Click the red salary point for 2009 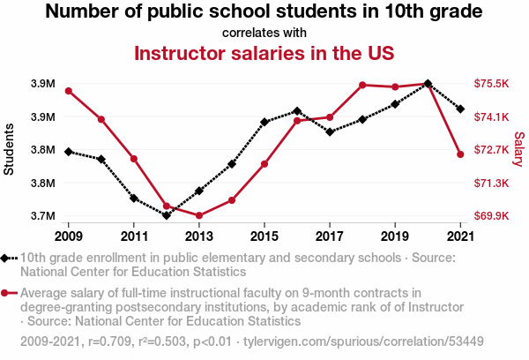click(x=69, y=91)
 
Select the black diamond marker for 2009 click(x=69, y=152)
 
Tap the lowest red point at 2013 click(x=199, y=215)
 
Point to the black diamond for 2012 click(x=167, y=215)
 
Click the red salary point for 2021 click(x=460, y=154)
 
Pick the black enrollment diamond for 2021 click(x=460, y=109)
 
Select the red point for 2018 click(x=362, y=85)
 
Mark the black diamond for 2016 click(x=297, y=111)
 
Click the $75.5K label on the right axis click(x=491, y=84)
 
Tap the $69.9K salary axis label click(x=491, y=215)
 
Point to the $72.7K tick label click(x=491, y=150)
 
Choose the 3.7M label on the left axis click(x=43, y=215)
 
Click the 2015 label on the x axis click(x=264, y=236)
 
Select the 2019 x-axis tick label click(x=395, y=236)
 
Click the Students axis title click(x=9, y=149)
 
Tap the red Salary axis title click(x=519, y=149)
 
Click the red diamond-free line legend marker click(x=9, y=293)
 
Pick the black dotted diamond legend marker click(x=9, y=259)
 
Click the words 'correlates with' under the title click(x=264, y=33)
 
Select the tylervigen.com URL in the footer click(x=363, y=341)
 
